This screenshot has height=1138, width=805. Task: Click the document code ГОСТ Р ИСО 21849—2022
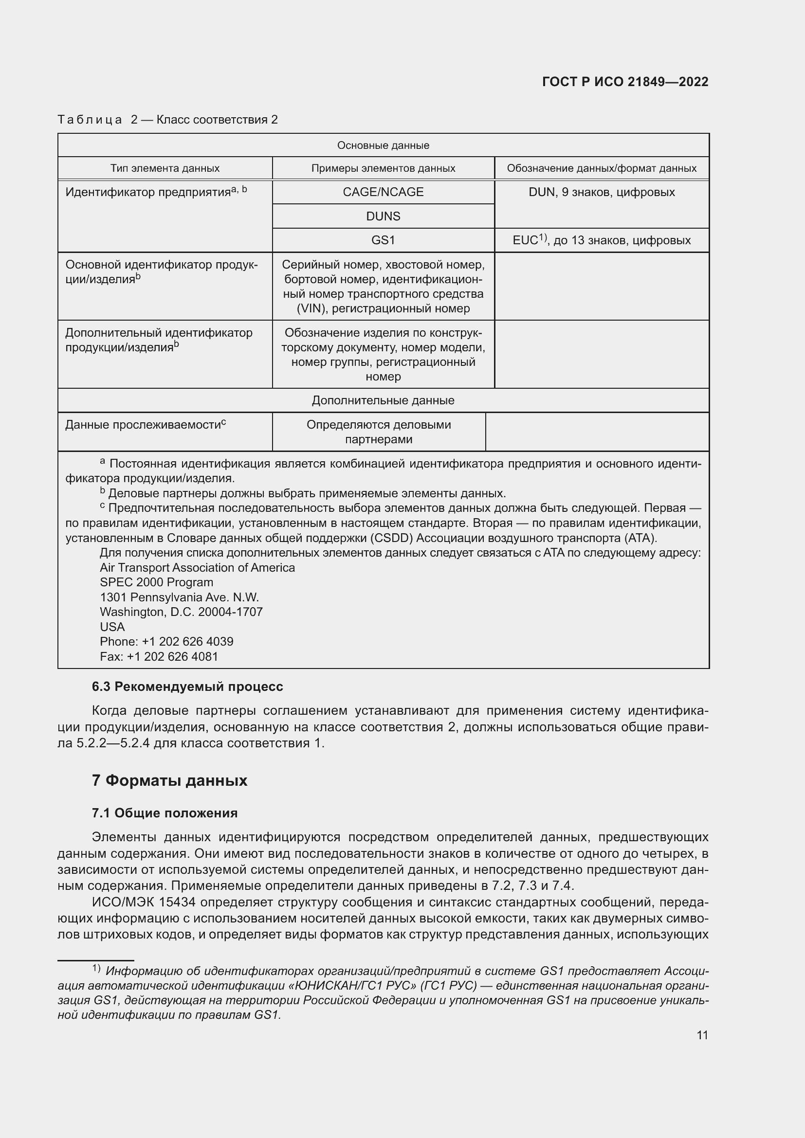625,82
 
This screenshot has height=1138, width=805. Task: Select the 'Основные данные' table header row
383,145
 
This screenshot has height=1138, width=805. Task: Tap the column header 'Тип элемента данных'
165,168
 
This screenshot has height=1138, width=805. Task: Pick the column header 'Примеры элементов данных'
383,168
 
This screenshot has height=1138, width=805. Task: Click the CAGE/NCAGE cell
383,192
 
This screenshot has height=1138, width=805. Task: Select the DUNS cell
383,216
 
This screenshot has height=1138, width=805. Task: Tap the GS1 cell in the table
383,240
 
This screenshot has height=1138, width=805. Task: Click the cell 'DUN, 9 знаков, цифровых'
601,192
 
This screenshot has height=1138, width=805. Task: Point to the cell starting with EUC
601,240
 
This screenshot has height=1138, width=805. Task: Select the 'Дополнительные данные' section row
383,400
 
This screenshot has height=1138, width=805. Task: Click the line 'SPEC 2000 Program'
156,582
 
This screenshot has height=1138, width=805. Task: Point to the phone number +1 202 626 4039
187,641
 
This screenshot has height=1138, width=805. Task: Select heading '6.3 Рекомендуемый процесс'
187,686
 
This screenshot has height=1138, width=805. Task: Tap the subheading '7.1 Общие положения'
165,813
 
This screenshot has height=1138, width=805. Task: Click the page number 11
702,1035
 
